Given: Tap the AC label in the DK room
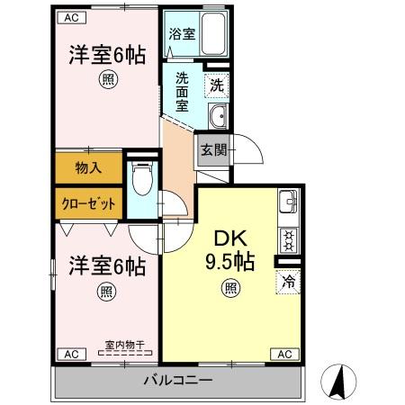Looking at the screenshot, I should pyautogui.click(x=283, y=354).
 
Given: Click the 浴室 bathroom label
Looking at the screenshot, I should pyautogui.click(x=182, y=35).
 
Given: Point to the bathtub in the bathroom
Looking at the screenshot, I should pyautogui.click(x=214, y=35).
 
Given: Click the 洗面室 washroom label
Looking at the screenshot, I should pyautogui.click(x=182, y=91).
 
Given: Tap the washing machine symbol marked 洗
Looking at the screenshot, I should pyautogui.click(x=216, y=86).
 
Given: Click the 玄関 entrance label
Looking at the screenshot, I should pyautogui.click(x=212, y=150).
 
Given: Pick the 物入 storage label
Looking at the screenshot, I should pyautogui.click(x=87, y=166).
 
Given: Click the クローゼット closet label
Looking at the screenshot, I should pyautogui.click(x=88, y=202).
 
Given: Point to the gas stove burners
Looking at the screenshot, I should pyautogui.click(x=288, y=240).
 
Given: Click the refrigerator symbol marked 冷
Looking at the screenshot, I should pyautogui.click(x=288, y=281).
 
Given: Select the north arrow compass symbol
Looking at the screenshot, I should pyautogui.click(x=338, y=381).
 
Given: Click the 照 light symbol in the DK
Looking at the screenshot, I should pyautogui.click(x=230, y=289).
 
